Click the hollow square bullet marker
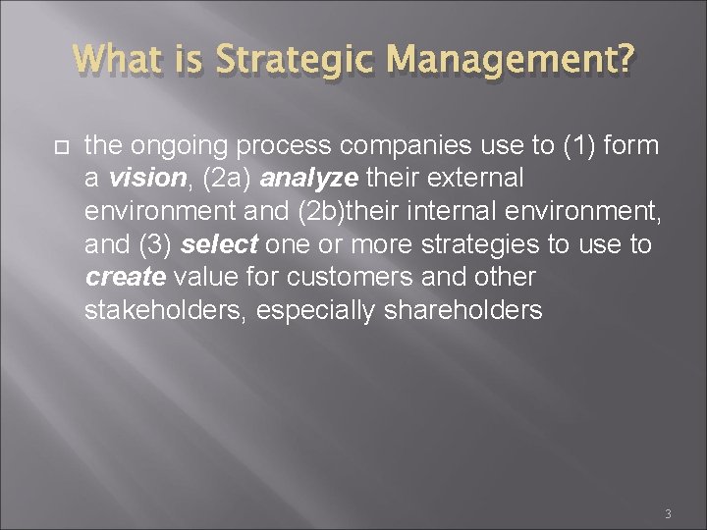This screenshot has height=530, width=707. click(x=59, y=146)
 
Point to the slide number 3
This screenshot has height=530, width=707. click(x=668, y=513)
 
